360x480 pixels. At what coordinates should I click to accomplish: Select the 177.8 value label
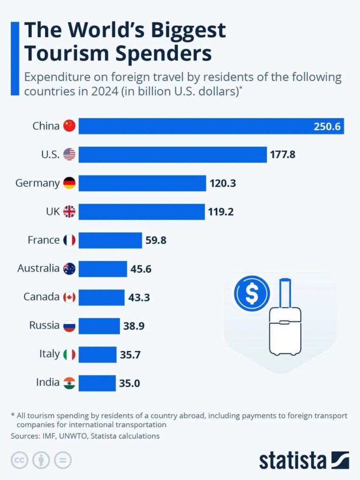click(283, 154)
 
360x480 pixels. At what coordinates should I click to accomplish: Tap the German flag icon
click(69, 183)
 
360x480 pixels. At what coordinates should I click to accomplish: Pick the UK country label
click(52, 211)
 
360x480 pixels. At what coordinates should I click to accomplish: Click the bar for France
click(110, 240)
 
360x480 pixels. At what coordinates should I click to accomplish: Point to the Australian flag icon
click(69, 269)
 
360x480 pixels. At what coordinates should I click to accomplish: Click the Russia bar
click(99, 326)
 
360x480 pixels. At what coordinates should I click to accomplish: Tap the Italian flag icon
click(69, 354)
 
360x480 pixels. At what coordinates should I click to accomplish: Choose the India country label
click(48, 382)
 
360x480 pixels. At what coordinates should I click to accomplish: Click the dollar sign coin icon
click(252, 294)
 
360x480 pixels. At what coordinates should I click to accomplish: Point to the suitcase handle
click(285, 292)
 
